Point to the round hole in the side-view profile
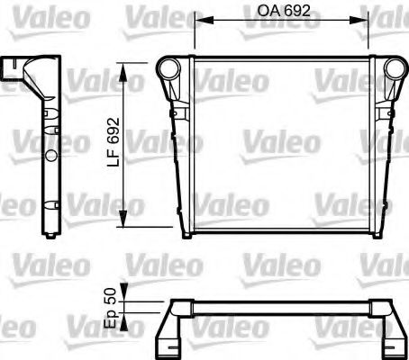[51, 155]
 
